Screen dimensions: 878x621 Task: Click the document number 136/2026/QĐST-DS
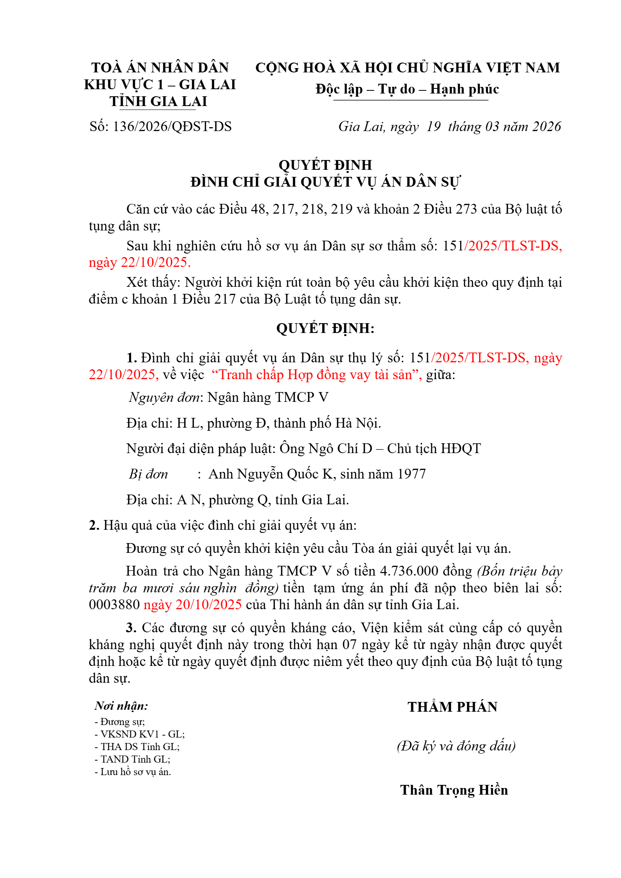coord(172,127)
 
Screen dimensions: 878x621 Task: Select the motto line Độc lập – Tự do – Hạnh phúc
coord(407,90)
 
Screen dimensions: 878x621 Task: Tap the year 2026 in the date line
coord(547,127)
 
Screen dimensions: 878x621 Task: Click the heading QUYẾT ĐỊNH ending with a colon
coord(325,328)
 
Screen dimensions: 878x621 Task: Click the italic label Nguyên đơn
coord(164,398)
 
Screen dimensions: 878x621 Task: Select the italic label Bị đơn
coord(148,474)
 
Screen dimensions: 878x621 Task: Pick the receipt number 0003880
coord(114,605)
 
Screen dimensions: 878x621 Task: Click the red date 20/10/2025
coord(209,605)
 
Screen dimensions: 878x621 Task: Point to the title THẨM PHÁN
coord(452,707)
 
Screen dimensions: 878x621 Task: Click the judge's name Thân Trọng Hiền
coord(454,790)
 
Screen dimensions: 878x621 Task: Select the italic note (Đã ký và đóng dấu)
coord(456,746)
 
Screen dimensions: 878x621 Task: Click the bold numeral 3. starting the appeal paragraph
coord(131,628)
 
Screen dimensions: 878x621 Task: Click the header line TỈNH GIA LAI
coord(158,102)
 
